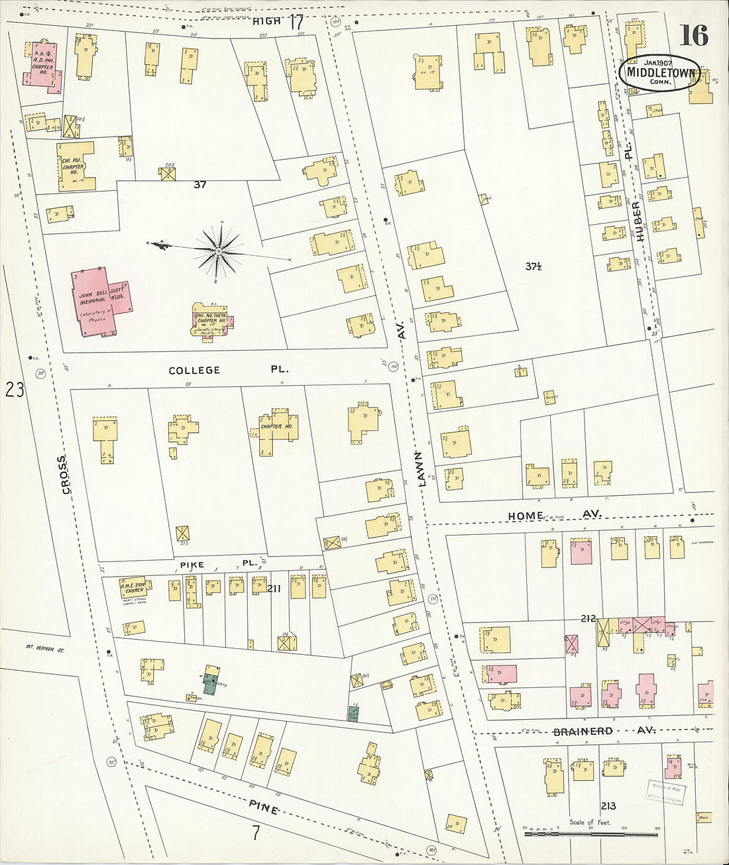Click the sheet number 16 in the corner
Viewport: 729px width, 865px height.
693,34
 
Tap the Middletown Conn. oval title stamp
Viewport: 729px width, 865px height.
660,73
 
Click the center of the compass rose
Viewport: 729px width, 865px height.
218,251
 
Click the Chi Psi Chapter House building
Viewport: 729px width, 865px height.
74,166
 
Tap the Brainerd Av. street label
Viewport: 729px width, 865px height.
604,731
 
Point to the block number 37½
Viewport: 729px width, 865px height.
534,266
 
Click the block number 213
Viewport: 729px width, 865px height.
608,805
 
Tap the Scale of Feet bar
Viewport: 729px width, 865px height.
590,831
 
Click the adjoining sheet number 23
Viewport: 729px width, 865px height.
15,390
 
